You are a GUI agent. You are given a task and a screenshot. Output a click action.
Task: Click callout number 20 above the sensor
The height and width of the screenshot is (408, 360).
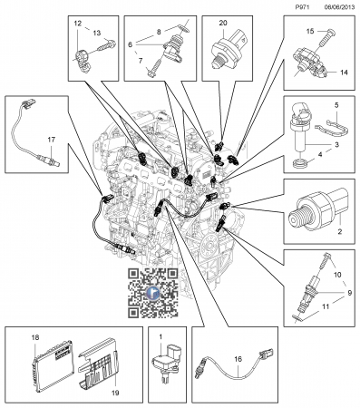click(223, 23)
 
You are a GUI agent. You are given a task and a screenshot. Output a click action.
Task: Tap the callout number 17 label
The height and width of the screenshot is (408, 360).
click(52, 140)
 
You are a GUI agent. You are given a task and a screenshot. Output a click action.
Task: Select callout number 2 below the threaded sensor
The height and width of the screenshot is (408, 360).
click(339, 232)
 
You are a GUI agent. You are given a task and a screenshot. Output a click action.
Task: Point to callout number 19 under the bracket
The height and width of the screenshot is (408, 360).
click(115, 393)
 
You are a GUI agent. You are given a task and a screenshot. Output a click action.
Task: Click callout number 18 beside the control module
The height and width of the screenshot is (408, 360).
click(35, 337)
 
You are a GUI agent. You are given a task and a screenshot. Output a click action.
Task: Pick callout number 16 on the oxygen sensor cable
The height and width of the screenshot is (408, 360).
click(238, 359)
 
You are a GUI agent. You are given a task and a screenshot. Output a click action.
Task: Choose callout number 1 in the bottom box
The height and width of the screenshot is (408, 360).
click(161, 336)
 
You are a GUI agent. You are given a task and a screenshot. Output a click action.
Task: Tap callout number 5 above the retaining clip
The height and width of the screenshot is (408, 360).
click(336, 105)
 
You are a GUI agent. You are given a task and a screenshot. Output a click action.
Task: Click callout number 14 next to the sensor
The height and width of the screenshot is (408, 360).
click(344, 73)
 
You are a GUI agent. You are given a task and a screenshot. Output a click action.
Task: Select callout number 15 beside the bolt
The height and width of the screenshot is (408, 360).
click(310, 31)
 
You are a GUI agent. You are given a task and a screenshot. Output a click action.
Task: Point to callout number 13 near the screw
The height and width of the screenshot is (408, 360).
click(97, 33)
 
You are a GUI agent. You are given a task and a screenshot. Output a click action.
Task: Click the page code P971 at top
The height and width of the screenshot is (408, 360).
click(303, 7)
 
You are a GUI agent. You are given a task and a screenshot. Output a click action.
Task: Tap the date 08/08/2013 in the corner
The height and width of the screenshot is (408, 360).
click(339, 7)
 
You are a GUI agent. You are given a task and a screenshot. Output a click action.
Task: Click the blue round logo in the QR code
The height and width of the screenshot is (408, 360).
click(153, 293)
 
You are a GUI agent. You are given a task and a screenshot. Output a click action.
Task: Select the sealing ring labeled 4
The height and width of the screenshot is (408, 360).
click(301, 163)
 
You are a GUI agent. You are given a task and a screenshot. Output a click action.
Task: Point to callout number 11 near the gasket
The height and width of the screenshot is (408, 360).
click(326, 306)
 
